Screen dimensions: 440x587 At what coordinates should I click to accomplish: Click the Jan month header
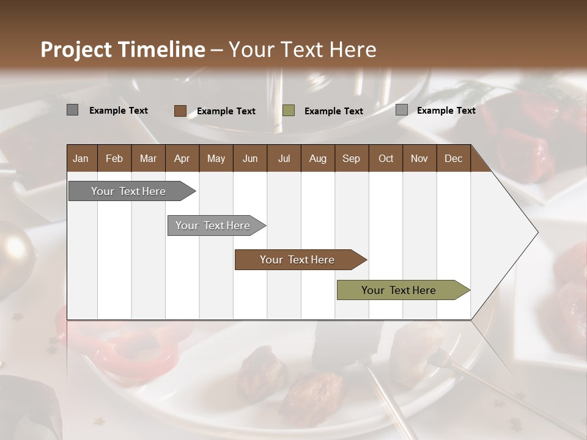(81, 158)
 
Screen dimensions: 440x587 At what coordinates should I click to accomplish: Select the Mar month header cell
(148, 158)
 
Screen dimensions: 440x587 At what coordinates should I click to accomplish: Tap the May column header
(216, 158)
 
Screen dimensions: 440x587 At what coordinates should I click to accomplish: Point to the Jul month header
(284, 158)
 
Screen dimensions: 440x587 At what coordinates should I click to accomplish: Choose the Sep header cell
(351, 158)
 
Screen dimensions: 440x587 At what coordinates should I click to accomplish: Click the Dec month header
(453, 158)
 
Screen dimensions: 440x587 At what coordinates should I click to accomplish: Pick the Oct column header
(386, 158)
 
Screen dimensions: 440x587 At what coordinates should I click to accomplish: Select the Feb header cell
(114, 158)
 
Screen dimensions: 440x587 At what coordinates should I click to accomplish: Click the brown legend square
(180, 111)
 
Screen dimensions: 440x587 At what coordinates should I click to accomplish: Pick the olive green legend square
(289, 111)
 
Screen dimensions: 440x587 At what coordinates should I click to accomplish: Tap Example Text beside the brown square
(226, 111)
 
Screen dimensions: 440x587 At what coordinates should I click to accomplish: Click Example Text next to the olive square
(334, 111)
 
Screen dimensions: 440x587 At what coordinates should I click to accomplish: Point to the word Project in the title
(76, 50)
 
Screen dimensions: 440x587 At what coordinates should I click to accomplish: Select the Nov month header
(419, 158)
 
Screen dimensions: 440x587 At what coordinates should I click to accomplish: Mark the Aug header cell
(317, 158)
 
